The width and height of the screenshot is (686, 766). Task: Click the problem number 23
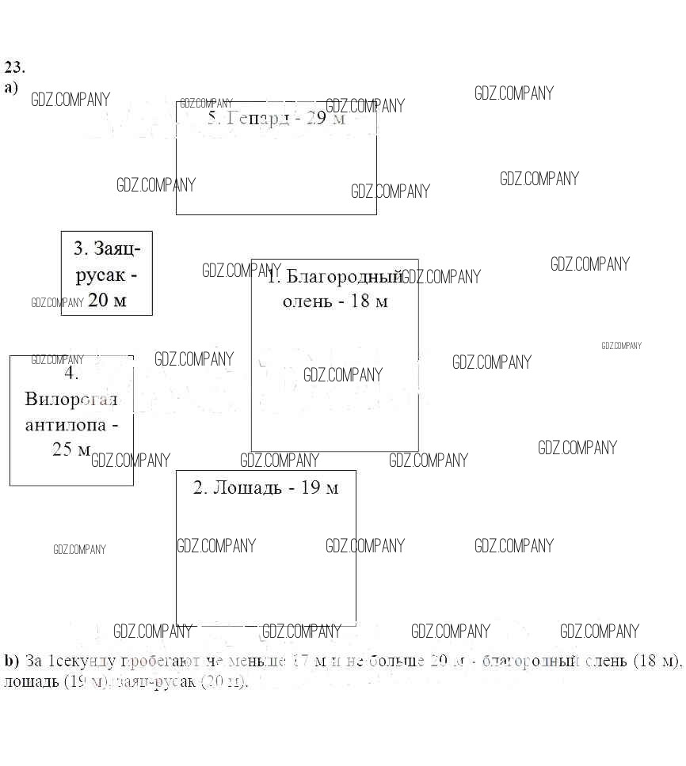point(14,66)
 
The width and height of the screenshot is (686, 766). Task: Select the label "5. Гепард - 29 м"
point(276,119)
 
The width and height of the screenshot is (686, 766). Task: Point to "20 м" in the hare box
point(107,301)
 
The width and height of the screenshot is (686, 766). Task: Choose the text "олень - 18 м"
point(334,301)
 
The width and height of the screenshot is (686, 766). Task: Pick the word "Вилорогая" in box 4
point(71,399)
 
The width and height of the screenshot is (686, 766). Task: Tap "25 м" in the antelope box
point(72,450)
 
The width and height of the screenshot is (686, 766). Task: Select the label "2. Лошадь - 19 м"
point(265,487)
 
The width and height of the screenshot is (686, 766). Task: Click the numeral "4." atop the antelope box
point(72,374)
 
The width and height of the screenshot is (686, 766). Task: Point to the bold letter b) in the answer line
point(11,661)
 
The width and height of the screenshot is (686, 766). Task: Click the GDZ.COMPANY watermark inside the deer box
point(342,374)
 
